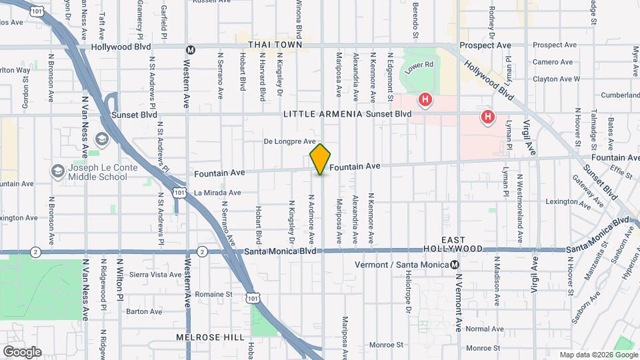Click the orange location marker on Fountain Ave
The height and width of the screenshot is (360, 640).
point(320,159)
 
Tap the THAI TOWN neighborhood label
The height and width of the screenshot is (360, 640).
point(271,44)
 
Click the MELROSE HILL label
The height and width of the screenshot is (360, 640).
point(210,337)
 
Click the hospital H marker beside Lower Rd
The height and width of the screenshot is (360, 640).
point(425,101)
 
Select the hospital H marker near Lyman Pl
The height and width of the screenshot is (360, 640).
point(488,117)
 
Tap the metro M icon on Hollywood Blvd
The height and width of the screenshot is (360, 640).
point(191,49)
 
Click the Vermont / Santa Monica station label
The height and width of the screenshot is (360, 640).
point(403,265)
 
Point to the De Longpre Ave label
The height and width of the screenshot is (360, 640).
point(289,141)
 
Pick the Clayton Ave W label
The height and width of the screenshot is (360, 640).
point(556,79)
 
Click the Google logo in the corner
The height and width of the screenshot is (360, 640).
point(22,352)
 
